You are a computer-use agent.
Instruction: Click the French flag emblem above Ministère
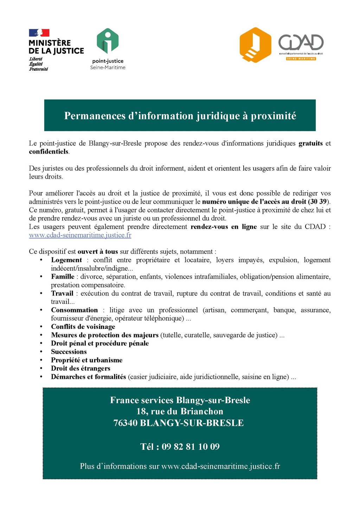[x=39, y=33]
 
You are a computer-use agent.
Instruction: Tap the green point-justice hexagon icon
[x=108, y=42]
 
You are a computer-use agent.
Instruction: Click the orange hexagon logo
[x=255, y=45]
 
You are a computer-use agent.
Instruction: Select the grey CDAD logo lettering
[x=301, y=43]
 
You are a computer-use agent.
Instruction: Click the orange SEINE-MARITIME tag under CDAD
[x=301, y=59]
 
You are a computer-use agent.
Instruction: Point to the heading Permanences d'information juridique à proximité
[x=180, y=116]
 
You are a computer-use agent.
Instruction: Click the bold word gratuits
[x=310, y=143]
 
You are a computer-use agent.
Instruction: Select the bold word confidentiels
[x=49, y=152]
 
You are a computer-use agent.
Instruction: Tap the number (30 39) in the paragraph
[x=318, y=202]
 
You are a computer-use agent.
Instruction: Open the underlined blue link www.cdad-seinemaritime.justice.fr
[x=80, y=235]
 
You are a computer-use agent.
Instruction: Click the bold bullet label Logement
[x=66, y=260]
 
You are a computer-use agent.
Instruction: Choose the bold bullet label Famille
[x=63, y=276]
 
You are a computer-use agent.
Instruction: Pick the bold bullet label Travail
[x=62, y=293]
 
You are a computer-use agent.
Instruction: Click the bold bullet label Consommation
[x=75, y=310]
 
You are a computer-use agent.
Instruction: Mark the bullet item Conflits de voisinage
[x=83, y=327]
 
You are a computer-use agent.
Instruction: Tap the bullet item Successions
[x=69, y=352]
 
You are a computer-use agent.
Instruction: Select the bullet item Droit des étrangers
[x=81, y=368]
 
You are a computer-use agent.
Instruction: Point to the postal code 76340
[x=125, y=423]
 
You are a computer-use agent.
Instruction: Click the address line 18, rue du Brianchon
[x=180, y=412]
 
